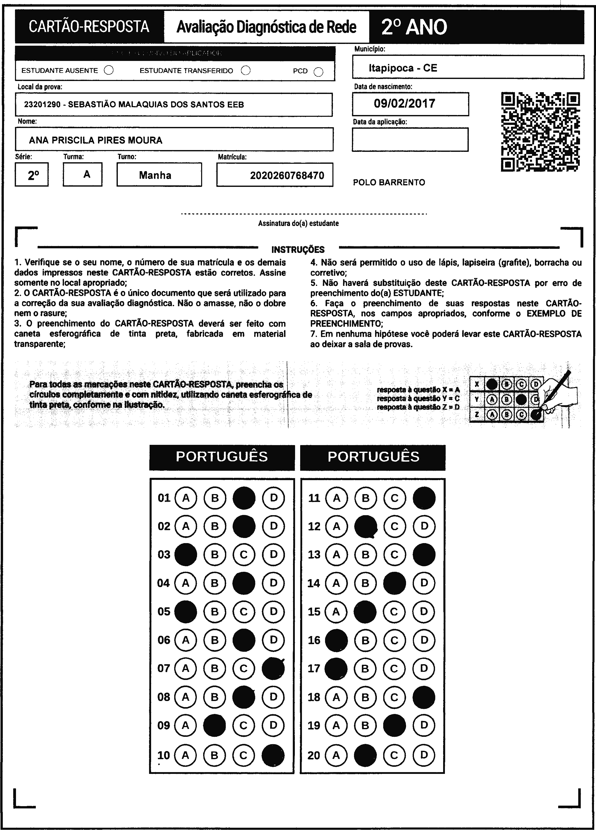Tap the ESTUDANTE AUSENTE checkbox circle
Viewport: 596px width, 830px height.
point(109,70)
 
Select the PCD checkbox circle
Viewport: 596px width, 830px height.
point(318,72)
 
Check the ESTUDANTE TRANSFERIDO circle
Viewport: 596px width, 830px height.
point(246,70)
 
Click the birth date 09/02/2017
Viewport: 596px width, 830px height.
point(405,104)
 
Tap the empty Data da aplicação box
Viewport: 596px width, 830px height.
point(410,139)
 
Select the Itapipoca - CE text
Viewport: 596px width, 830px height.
point(403,68)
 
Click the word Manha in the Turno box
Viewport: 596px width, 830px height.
point(155,175)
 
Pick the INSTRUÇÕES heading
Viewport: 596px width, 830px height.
point(298,250)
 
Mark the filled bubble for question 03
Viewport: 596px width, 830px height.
point(186,555)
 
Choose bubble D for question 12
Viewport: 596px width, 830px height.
point(424,526)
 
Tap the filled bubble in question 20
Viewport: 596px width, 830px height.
point(365,755)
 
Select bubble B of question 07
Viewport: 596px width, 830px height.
point(215,669)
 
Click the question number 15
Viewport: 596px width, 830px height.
point(314,612)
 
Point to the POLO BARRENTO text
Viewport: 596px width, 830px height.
point(389,183)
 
